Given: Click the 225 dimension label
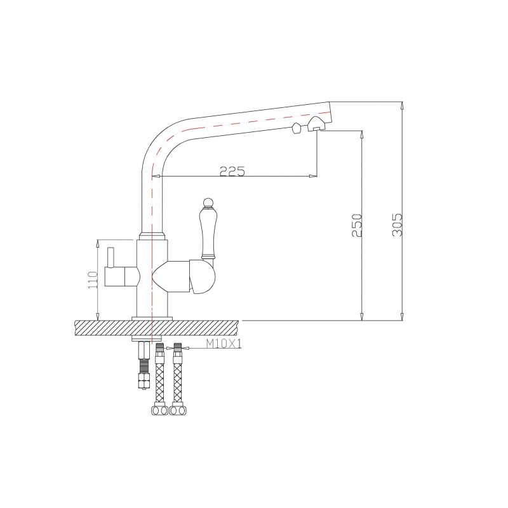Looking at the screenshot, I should [x=232, y=170].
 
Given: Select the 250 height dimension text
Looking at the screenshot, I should [x=358, y=225].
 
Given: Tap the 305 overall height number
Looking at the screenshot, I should [x=398, y=224].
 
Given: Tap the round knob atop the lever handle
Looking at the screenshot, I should [x=206, y=203].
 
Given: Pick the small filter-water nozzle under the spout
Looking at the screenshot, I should [x=296, y=129].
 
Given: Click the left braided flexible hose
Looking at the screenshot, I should [x=160, y=381].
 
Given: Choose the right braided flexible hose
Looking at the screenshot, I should [x=178, y=381].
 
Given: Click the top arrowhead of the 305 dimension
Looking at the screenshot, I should [x=401, y=105].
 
